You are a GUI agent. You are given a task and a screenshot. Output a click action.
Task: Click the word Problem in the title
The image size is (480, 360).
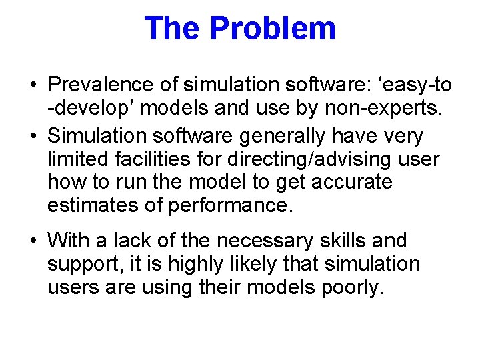pos(272,29)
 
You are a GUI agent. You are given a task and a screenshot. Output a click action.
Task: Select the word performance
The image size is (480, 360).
pos(230,205)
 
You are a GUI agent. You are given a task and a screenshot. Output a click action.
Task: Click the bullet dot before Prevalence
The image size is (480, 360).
pos(32,85)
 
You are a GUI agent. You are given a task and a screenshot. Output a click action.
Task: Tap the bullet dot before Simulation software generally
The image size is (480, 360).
pos(32,137)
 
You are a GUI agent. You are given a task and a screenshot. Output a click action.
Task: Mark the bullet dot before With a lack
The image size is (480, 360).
pos(32,240)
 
